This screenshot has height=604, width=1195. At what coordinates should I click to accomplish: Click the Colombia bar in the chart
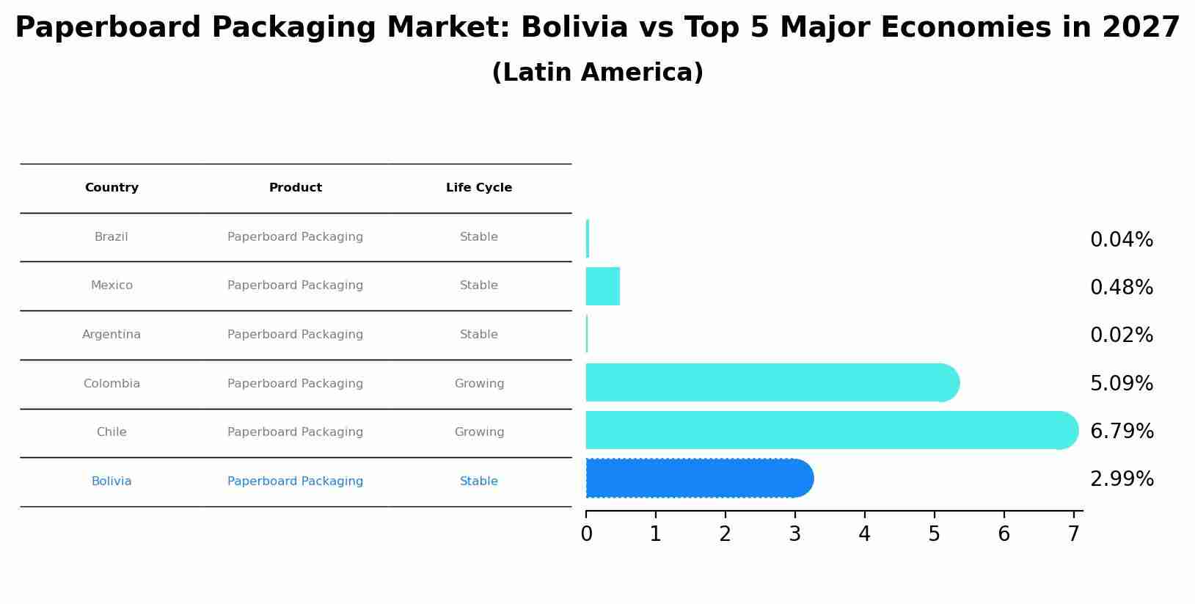770,382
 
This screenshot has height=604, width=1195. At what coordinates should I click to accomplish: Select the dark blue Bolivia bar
697,479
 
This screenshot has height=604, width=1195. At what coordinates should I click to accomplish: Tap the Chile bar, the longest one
829,431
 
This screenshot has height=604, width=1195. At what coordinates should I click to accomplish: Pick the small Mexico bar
602,286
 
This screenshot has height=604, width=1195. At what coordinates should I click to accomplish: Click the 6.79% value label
1121,432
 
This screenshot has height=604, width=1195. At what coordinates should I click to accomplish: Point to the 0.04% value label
1121,240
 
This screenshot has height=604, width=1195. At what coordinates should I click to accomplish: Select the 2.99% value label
1121,479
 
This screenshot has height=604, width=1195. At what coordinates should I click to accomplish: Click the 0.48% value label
1121,288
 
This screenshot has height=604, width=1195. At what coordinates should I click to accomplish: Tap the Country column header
112,188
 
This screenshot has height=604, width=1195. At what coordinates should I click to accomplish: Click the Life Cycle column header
479,188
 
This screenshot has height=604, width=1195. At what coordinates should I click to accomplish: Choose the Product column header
295,188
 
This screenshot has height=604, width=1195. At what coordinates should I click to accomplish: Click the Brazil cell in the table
112,237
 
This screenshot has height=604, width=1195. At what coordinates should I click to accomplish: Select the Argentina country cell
112,335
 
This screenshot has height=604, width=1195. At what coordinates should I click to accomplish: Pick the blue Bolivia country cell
112,481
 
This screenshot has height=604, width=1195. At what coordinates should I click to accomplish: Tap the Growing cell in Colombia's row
479,384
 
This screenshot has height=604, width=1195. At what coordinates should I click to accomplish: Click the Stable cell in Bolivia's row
479,481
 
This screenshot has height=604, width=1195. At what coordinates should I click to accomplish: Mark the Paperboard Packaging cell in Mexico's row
295,285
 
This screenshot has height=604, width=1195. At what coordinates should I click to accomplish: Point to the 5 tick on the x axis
934,534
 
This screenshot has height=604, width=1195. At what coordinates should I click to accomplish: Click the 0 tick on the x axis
586,534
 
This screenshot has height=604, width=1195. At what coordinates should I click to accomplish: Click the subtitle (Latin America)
597,73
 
